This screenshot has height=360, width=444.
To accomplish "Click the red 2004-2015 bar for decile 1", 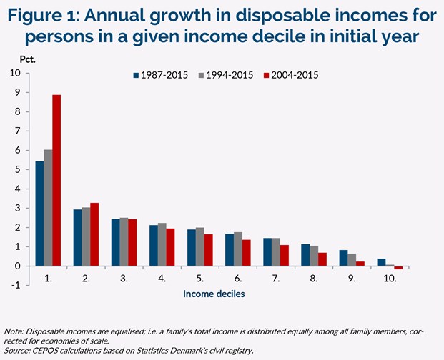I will [56, 181].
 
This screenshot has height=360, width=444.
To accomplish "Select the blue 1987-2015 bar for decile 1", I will [39, 214].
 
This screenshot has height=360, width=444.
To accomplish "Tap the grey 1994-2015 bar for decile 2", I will [86, 236].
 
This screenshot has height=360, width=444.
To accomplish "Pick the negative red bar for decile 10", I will [398, 268].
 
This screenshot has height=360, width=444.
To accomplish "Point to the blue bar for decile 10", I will [381, 262].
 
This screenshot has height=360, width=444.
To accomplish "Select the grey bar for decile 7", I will [277, 252].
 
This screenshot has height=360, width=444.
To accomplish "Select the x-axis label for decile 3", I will [124, 278].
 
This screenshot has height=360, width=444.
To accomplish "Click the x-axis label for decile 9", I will [352, 278].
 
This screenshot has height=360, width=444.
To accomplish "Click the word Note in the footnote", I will [13, 332].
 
